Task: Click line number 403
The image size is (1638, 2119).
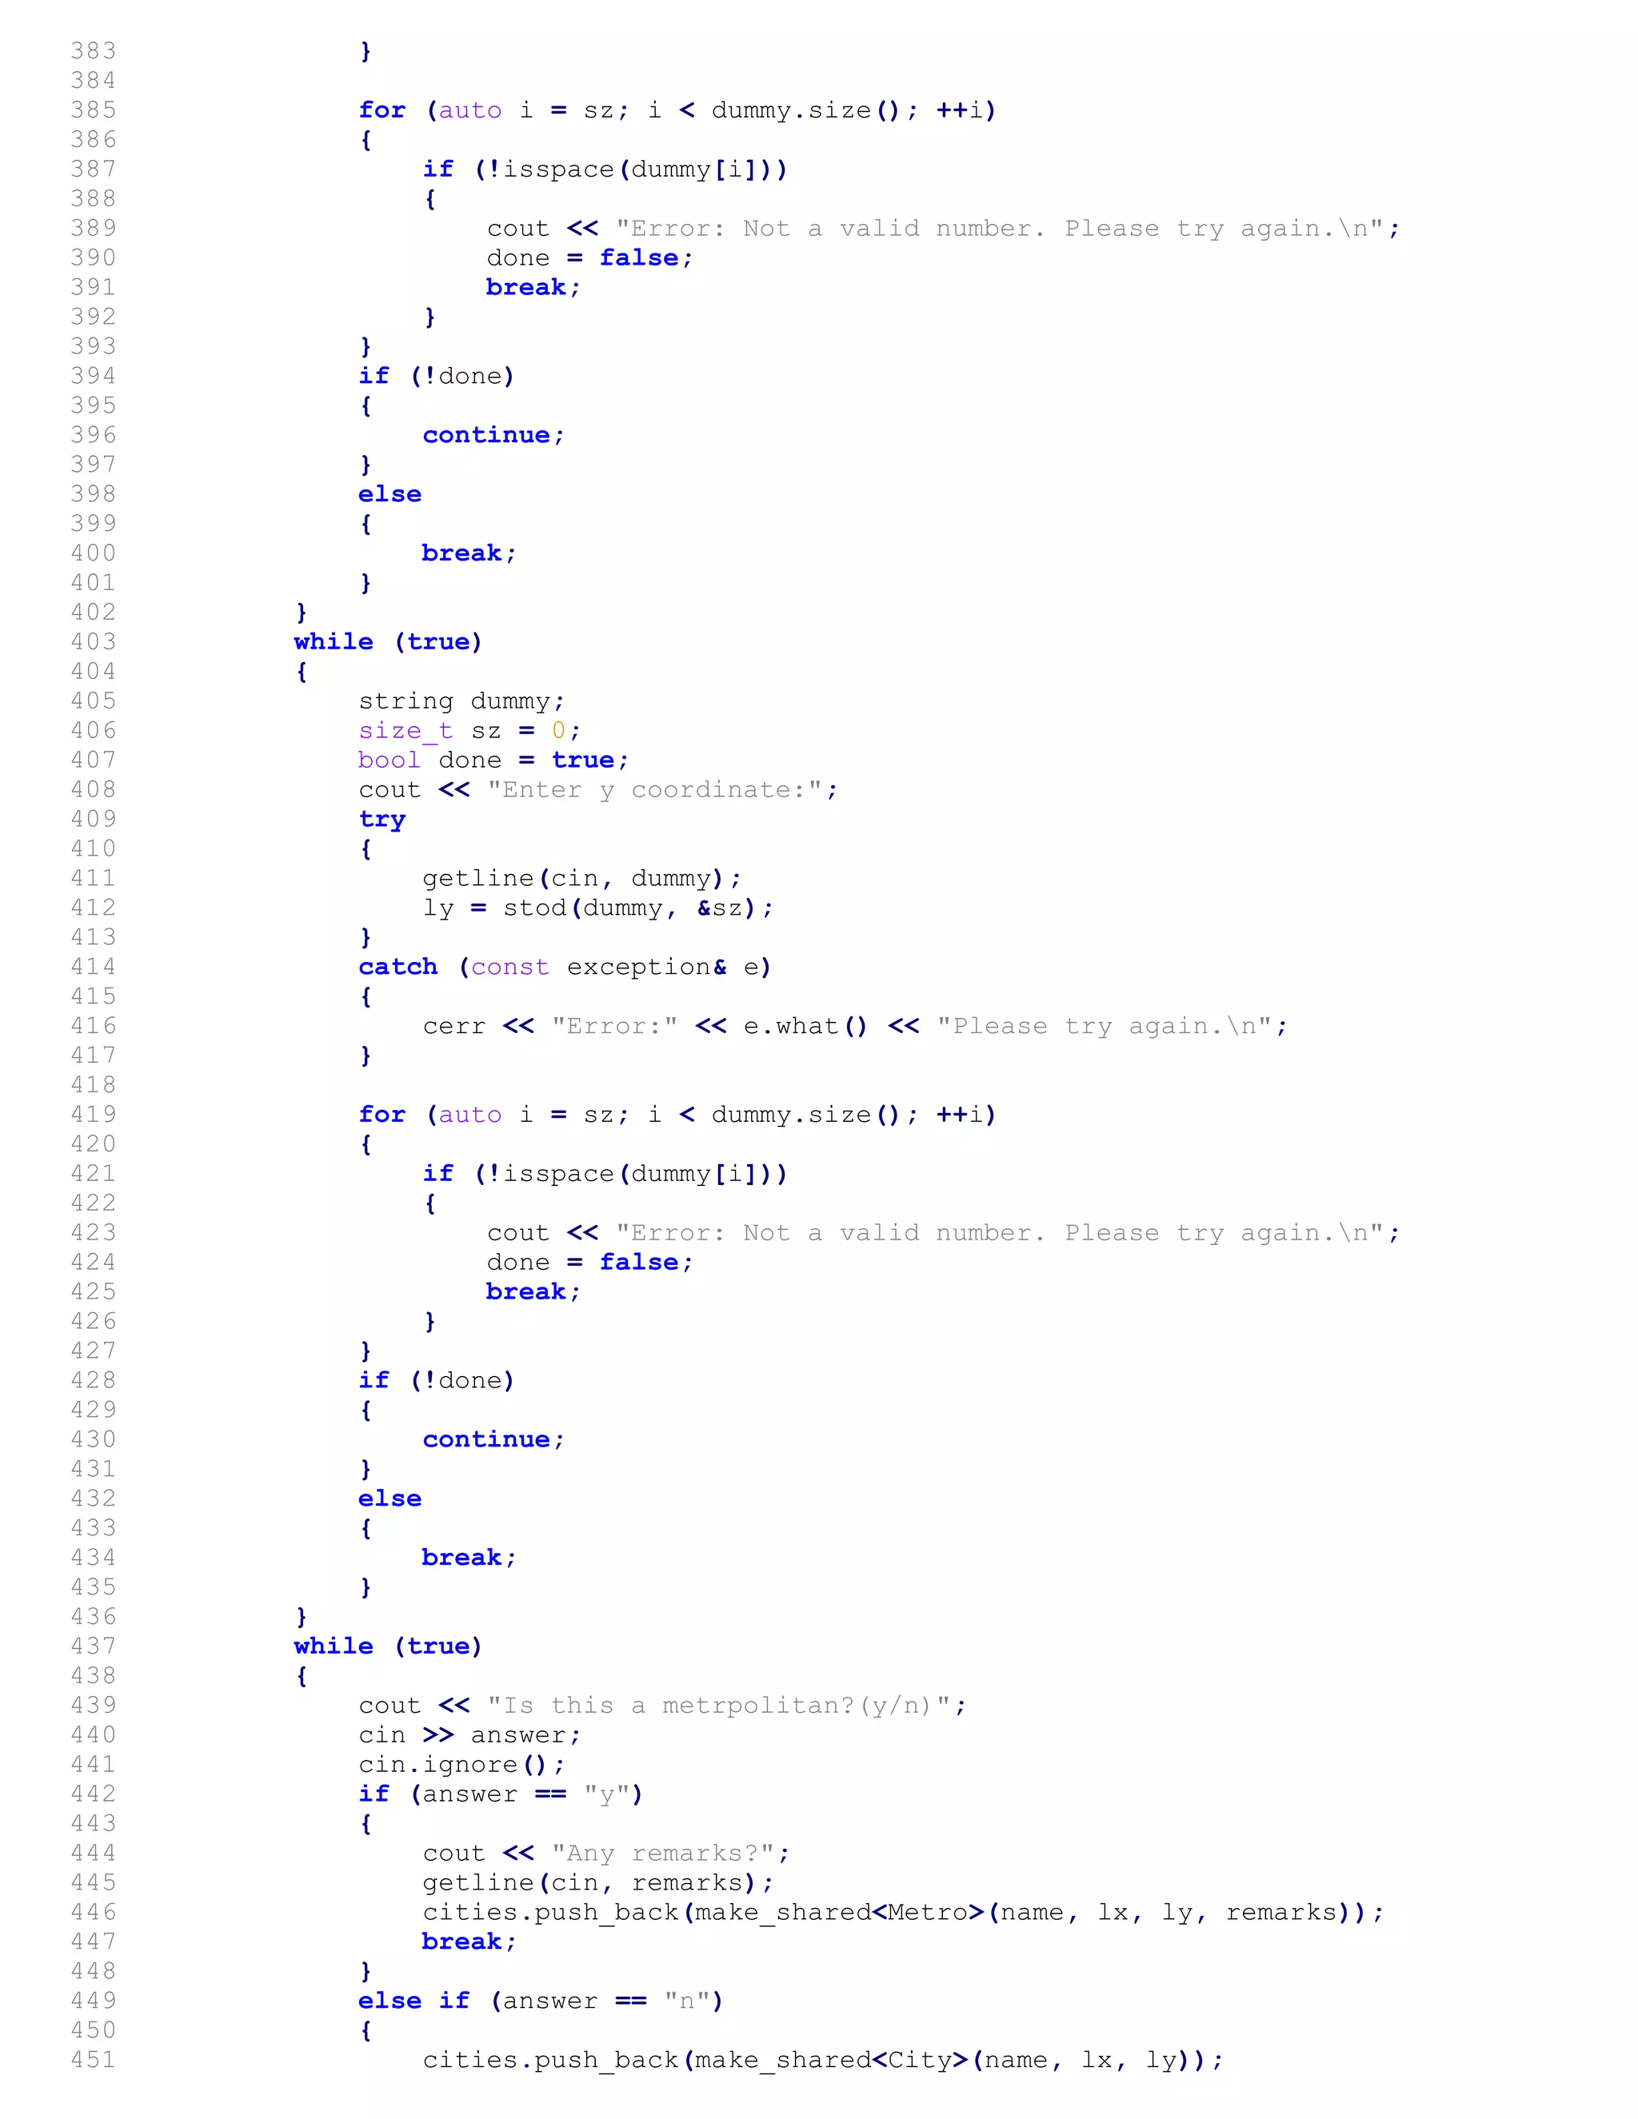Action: click(x=93, y=642)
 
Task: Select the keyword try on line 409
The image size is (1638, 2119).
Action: click(x=382, y=820)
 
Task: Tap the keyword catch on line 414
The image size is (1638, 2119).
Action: click(x=398, y=968)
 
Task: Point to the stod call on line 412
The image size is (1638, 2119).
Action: click(x=535, y=908)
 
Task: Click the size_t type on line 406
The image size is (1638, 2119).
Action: click(x=405, y=731)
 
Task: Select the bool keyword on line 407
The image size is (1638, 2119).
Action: click(x=390, y=760)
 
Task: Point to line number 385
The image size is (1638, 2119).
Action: click(x=93, y=110)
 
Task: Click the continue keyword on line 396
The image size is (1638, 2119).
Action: click(x=486, y=436)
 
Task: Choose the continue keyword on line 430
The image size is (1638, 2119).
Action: click(x=486, y=1440)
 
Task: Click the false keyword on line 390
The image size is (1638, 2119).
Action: click(x=638, y=258)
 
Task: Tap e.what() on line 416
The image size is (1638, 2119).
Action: click(x=805, y=1027)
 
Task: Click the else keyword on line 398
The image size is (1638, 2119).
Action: click(x=390, y=495)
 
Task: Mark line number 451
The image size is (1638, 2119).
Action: click(x=93, y=2060)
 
